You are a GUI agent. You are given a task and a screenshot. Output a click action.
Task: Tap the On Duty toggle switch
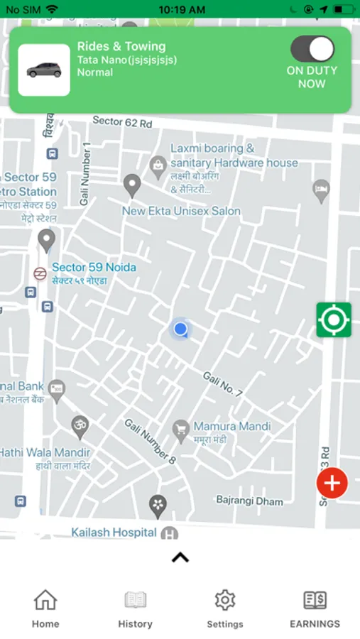coord(312,50)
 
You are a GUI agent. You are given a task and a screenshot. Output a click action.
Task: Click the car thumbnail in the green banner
coord(44,70)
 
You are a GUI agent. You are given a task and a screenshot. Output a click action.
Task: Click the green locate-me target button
coord(334,320)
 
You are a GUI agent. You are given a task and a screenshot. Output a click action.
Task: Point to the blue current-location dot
coord(180,329)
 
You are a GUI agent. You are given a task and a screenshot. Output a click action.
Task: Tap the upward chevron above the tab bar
coord(180,557)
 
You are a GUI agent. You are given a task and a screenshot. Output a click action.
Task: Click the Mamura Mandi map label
coord(232,427)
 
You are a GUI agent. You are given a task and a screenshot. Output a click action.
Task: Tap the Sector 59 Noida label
coord(94,268)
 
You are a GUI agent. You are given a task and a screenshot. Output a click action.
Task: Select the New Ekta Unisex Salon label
coord(181,211)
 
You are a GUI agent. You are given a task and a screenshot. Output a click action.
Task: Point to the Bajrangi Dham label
coord(249,501)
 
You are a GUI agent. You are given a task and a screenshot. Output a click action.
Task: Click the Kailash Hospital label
coord(114,532)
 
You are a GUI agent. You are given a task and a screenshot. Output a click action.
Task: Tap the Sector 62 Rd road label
coord(122,121)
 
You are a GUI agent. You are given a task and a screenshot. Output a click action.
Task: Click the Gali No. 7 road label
coord(222,384)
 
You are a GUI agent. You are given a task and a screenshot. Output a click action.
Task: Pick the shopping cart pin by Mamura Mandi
coord(180,428)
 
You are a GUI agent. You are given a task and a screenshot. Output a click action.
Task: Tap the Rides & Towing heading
coord(121,47)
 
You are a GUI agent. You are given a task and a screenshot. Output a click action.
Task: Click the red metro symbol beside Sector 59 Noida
coord(40,273)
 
